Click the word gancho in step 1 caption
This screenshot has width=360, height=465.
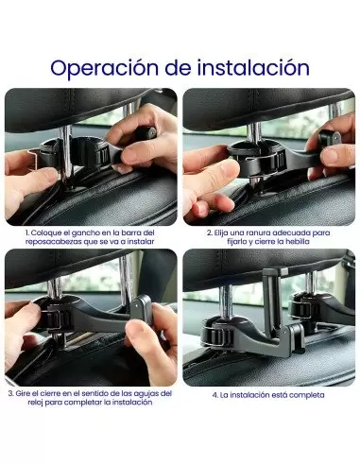(85, 233)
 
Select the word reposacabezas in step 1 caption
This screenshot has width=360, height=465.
(53, 242)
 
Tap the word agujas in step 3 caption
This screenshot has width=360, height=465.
(146, 394)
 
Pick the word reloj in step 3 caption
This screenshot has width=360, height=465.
(35, 403)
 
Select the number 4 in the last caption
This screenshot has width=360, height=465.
(214, 395)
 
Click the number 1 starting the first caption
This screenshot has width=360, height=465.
(27, 233)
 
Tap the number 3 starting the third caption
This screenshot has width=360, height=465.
(10, 393)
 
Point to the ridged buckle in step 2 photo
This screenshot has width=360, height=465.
(280, 161)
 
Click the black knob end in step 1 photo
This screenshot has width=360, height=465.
(146, 133)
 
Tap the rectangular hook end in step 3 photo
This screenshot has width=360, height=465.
(141, 310)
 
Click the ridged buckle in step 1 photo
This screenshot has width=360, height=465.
(103, 155)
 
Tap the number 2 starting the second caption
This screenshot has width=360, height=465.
(210, 233)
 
